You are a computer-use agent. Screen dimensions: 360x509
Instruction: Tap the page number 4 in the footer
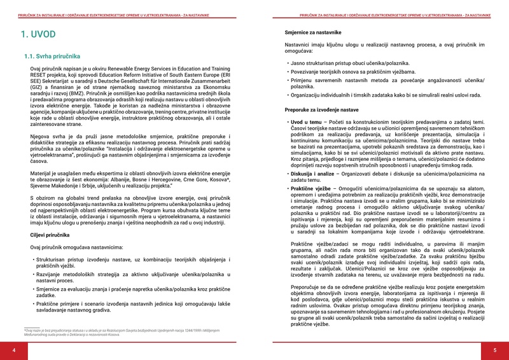(14, 350)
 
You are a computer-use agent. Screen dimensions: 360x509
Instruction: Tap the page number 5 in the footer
(494, 350)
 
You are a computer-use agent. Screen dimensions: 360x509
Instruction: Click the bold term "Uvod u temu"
(307, 121)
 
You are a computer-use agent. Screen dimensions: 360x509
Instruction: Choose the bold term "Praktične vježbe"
(312, 189)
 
